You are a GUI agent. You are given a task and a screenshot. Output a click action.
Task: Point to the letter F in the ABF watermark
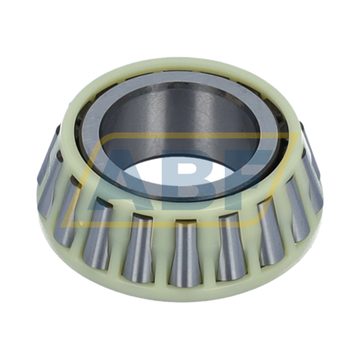248,169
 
